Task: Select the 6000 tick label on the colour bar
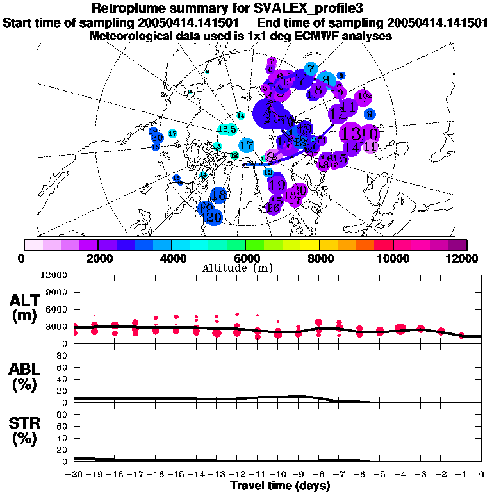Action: (245, 258)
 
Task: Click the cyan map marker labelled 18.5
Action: (227, 129)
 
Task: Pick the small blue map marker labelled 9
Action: (369, 114)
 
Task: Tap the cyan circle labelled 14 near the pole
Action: (241, 116)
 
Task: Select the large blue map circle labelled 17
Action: (246, 145)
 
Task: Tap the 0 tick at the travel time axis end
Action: (481, 475)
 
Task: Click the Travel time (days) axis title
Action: (280, 486)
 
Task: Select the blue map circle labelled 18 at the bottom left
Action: (220, 194)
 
